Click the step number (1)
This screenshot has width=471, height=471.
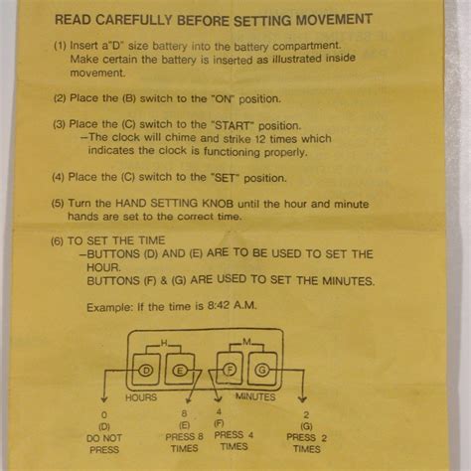click(61, 45)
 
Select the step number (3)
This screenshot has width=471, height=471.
click(61, 124)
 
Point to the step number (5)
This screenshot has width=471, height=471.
click(61, 203)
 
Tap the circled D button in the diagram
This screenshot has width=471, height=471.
click(146, 371)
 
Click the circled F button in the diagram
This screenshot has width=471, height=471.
click(230, 371)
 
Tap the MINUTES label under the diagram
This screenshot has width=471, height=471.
click(255, 396)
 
